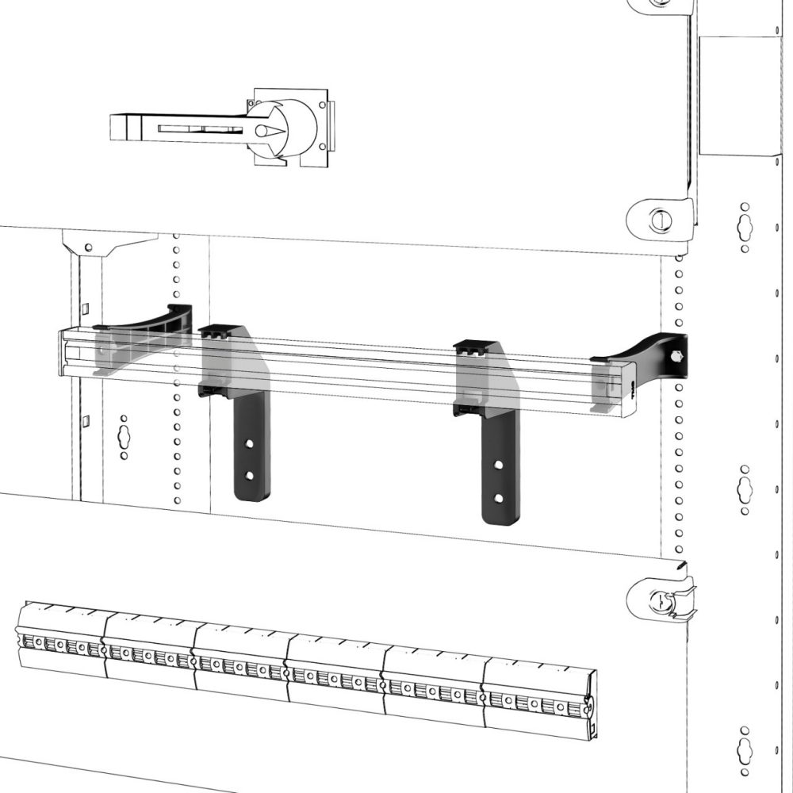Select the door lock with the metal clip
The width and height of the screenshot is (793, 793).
[660, 600]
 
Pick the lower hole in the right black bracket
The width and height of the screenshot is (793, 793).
[497, 498]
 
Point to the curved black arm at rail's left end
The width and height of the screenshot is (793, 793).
[159, 321]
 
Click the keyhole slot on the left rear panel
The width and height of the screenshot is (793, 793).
[124, 435]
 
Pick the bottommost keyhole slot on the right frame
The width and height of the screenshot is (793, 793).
[745, 747]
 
